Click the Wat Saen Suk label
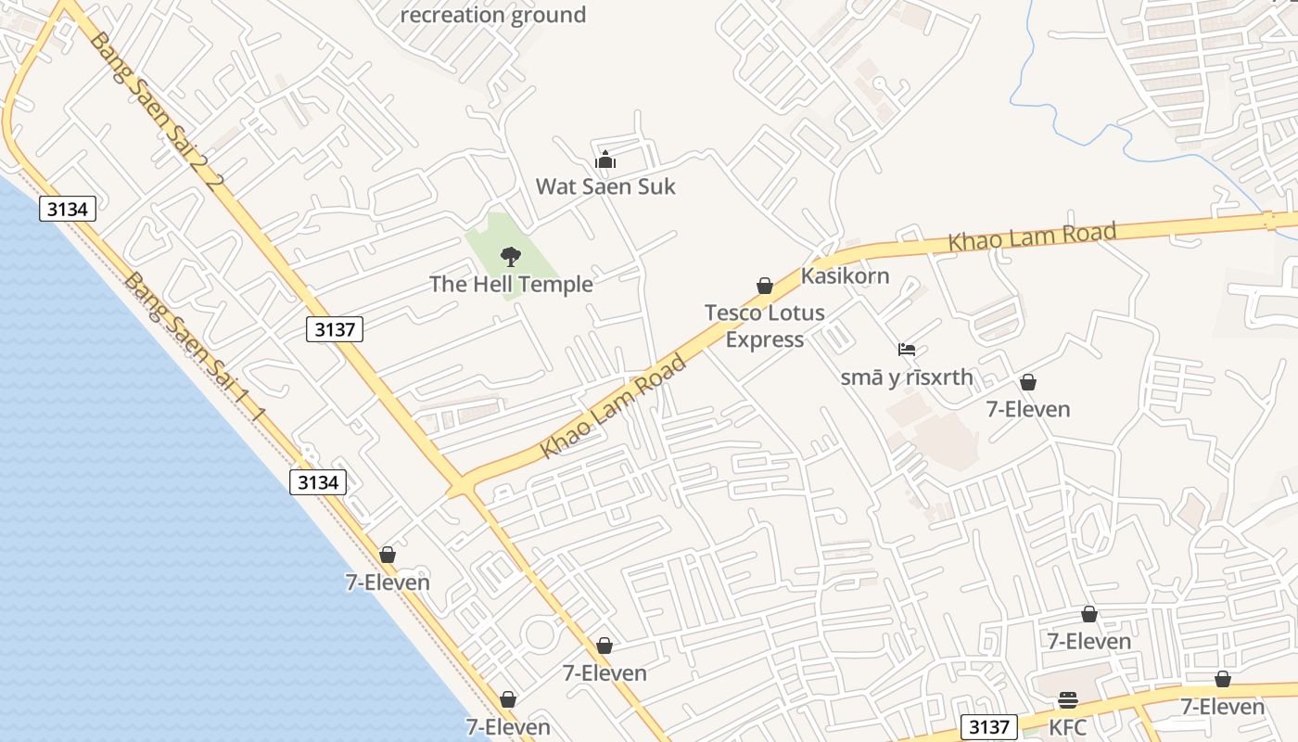pyautogui.click(x=605, y=186)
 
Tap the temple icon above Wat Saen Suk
pyautogui.click(x=605, y=160)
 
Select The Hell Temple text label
pyautogui.click(x=511, y=284)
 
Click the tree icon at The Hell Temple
pyautogui.click(x=510, y=257)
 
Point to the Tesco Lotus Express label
pyautogui.click(x=765, y=326)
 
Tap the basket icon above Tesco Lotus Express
pyautogui.click(x=765, y=286)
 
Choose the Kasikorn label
pyautogui.click(x=845, y=275)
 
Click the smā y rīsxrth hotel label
pyautogui.click(x=907, y=377)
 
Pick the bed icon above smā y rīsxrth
pyautogui.click(x=907, y=350)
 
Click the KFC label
pyautogui.click(x=1068, y=728)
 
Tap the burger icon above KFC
pyautogui.click(x=1068, y=700)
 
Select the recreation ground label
pyautogui.click(x=493, y=15)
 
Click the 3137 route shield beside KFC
pyautogui.click(x=989, y=727)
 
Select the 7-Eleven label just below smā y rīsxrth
pyautogui.click(x=1028, y=409)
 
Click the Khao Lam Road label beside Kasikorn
pyautogui.click(x=1032, y=237)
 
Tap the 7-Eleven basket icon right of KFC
pyautogui.click(x=1223, y=680)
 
